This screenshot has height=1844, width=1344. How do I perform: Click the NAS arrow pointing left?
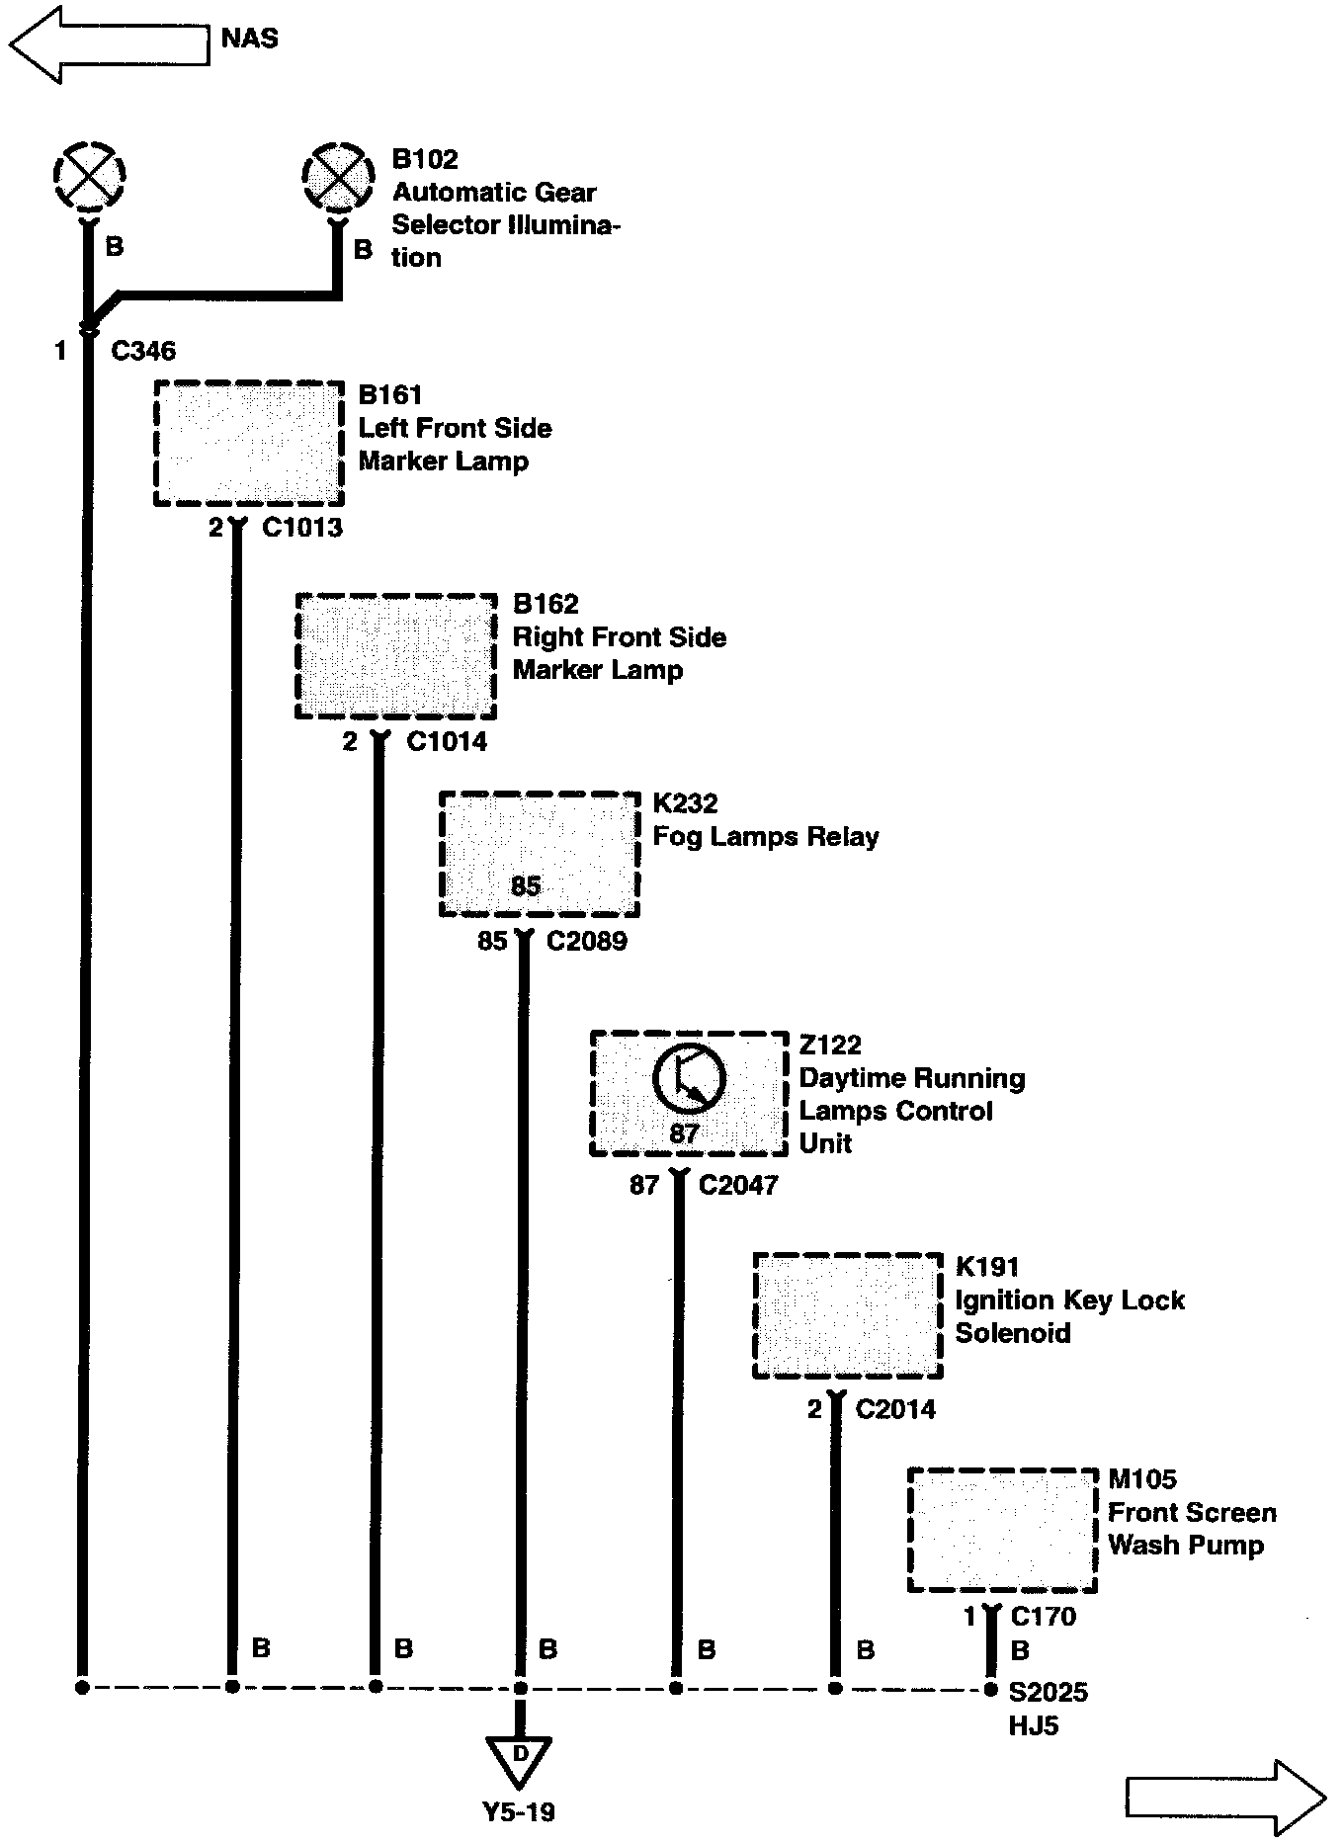pos(109,43)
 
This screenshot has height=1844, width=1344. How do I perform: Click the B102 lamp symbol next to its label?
pos(338,178)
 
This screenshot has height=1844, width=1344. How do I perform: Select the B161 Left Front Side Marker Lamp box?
pos(249,443)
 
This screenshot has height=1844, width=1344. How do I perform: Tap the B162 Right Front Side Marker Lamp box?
pos(396,656)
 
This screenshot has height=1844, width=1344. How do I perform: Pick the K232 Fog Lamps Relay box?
pos(540,854)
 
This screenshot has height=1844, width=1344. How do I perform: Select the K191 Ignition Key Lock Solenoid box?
pos(848,1315)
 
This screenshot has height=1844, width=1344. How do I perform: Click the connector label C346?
pos(143,351)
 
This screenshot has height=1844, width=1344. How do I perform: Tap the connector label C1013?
pos(302,528)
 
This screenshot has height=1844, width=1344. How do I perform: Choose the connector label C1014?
pos(447,741)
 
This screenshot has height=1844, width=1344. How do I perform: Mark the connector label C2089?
pos(587,941)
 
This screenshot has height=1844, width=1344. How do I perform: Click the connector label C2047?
pos(738,1185)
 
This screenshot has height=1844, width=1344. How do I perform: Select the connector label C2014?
pos(895,1409)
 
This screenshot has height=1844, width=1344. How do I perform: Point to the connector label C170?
pos(1044,1617)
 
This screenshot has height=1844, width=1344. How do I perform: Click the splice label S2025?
pos(1048,1692)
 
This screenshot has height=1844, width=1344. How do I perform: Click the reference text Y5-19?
pos(519,1811)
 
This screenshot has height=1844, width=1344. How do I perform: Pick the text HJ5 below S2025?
pos(1034,1725)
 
